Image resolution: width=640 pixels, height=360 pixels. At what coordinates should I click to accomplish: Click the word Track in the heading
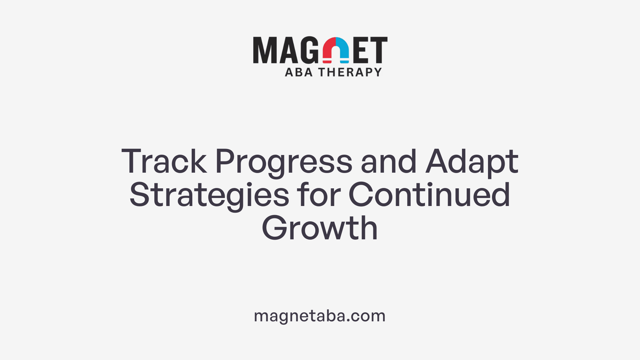click(164, 162)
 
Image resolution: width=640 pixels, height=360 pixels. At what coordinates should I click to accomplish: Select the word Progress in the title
click(284, 162)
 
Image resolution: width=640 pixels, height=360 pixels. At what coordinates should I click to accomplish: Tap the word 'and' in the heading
click(388, 162)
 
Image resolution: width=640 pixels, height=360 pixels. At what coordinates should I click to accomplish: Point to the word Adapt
click(472, 162)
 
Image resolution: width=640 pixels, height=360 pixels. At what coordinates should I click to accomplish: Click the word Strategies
click(209, 195)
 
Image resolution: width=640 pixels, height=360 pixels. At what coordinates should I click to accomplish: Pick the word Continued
click(429, 195)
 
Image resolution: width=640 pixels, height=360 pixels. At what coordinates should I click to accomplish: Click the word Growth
click(320, 228)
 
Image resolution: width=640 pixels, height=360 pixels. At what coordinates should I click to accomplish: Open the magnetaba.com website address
click(320, 316)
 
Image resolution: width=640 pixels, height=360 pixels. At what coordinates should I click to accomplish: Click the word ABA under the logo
click(299, 72)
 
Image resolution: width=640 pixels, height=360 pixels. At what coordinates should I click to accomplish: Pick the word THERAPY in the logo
click(350, 72)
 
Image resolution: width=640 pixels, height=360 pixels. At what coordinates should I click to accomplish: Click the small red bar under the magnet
click(327, 62)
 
